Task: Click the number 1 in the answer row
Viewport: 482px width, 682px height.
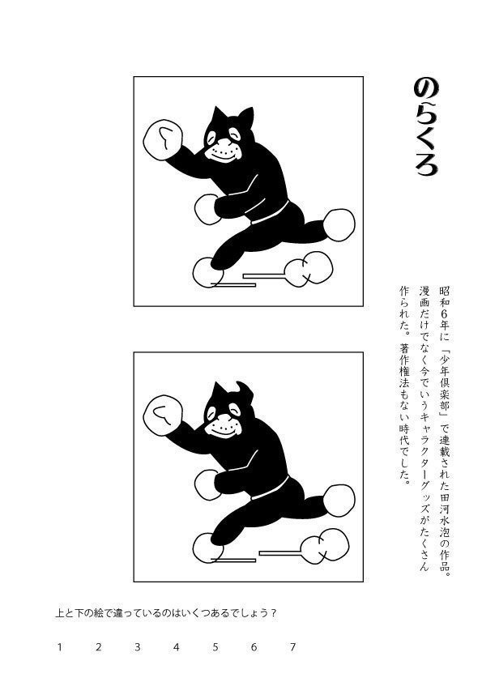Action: [x=60, y=646]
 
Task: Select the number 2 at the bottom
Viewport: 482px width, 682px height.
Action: [x=98, y=646]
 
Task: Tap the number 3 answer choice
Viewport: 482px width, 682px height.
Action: [x=137, y=646]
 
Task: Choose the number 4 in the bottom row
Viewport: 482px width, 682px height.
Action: [x=176, y=646]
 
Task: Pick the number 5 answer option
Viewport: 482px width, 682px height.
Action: [x=215, y=646]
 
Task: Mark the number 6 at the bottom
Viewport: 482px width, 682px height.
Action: [x=254, y=646]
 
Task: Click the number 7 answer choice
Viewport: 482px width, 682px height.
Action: [x=292, y=646]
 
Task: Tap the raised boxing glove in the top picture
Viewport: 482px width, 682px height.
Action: [x=162, y=140]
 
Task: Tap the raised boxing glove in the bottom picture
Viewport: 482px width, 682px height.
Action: [x=162, y=416]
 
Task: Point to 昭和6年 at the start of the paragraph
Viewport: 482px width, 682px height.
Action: [x=443, y=308]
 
